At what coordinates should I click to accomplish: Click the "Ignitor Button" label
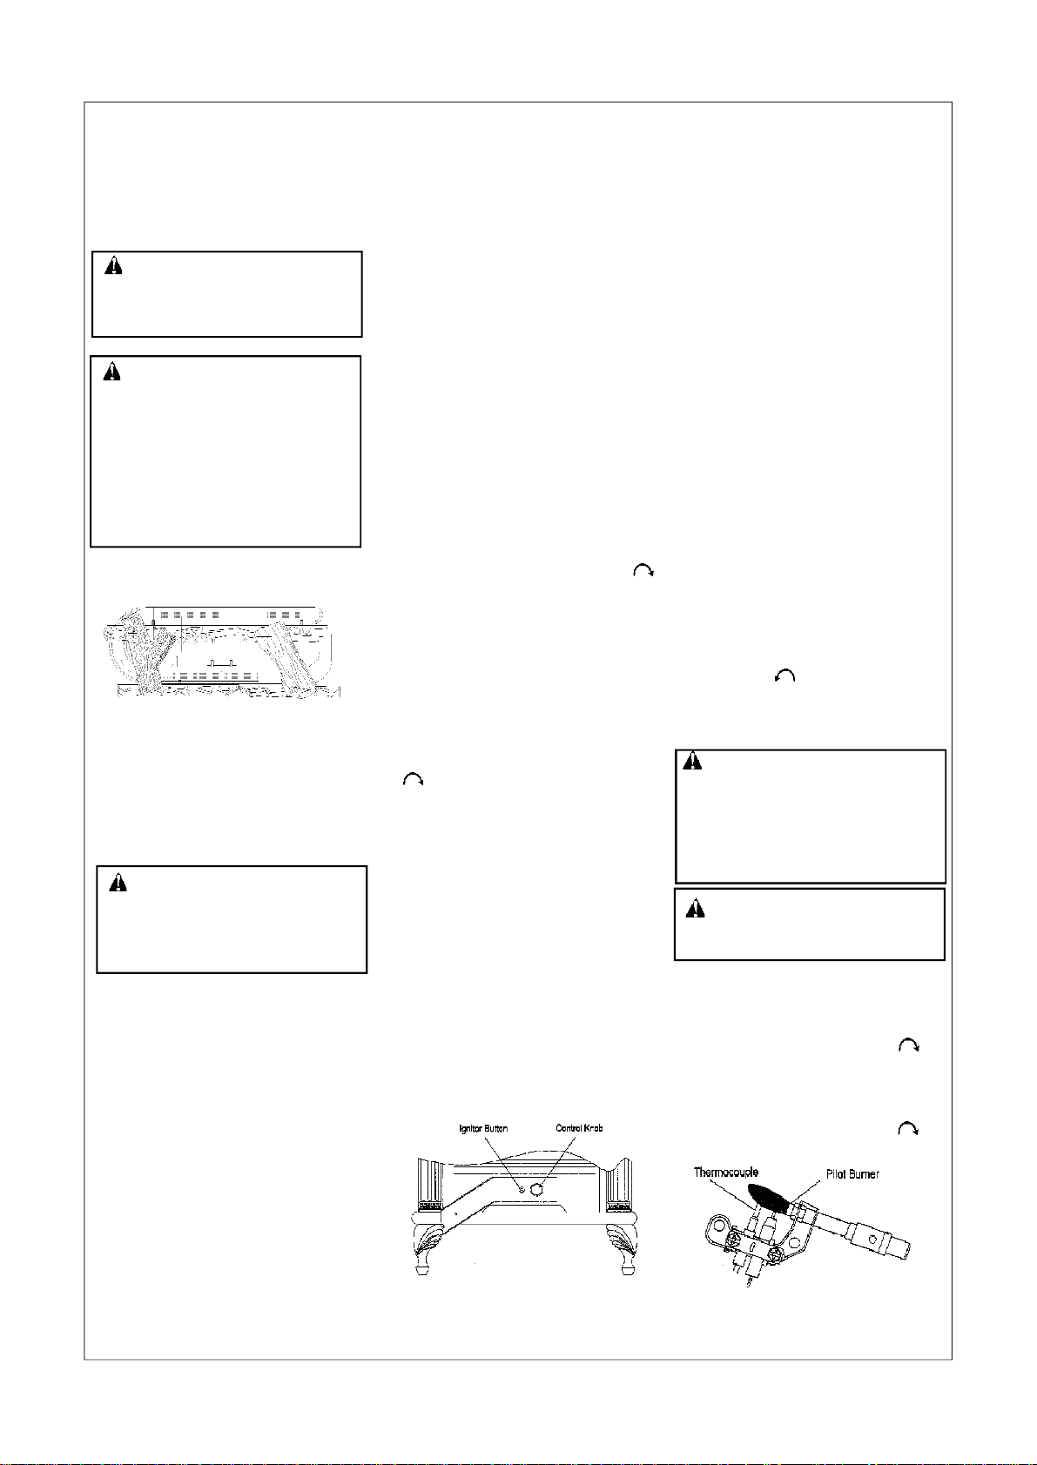(x=483, y=1128)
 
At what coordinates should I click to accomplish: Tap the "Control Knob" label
(x=579, y=1128)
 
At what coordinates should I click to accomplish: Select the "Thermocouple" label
(x=725, y=1173)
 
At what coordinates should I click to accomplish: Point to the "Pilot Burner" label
(x=852, y=1174)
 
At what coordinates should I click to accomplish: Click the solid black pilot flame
(x=769, y=1196)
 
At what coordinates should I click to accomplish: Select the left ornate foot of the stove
(x=427, y=1247)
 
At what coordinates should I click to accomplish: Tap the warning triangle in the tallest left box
(x=112, y=372)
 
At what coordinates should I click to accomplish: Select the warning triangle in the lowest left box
(x=118, y=883)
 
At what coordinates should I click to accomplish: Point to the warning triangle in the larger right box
(x=692, y=761)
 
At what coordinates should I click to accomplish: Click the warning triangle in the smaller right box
(x=696, y=909)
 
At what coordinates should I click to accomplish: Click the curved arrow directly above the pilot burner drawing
(x=908, y=1129)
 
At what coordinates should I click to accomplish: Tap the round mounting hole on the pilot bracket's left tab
(x=720, y=1223)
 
